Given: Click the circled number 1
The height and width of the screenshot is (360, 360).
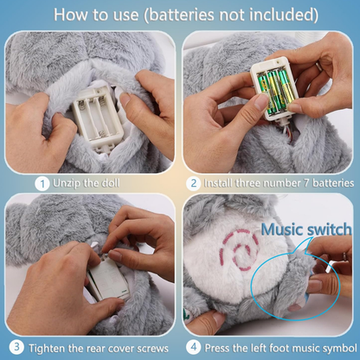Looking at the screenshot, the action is click(42, 184).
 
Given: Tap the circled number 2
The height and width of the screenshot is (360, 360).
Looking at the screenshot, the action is click(193, 183).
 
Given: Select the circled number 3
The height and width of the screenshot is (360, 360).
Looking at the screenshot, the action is click(16, 347).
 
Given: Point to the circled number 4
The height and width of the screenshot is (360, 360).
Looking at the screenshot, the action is click(194, 347).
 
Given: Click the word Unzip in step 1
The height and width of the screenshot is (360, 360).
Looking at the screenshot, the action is click(67, 183).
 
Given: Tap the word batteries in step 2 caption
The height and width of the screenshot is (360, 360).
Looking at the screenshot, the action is click(333, 183).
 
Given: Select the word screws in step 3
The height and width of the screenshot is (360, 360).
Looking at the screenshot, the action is click(152, 349).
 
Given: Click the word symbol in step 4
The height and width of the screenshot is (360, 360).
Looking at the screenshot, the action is click(340, 348).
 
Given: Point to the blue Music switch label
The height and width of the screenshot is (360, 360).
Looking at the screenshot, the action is click(306, 229).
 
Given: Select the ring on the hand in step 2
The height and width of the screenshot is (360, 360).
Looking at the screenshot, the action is click(318, 67).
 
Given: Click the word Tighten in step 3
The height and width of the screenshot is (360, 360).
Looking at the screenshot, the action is click(47, 348).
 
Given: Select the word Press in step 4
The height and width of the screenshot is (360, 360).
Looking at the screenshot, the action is click(217, 348).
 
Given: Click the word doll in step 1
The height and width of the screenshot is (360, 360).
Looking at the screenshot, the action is click(110, 183).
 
